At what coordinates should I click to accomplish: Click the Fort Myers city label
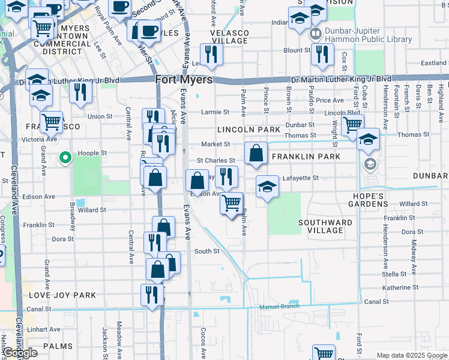[184, 79]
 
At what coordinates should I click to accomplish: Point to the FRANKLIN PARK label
[306, 157]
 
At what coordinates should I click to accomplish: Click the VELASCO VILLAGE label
[229, 37]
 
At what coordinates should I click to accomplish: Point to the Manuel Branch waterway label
[279, 307]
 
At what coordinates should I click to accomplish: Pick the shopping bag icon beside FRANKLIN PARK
[256, 153]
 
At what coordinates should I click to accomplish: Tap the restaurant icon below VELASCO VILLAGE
[211, 54]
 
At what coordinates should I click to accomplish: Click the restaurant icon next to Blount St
[323, 55]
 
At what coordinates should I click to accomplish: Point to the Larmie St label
[215, 112]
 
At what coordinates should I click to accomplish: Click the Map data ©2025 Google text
[411, 355]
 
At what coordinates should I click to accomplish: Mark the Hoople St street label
[92, 153]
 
